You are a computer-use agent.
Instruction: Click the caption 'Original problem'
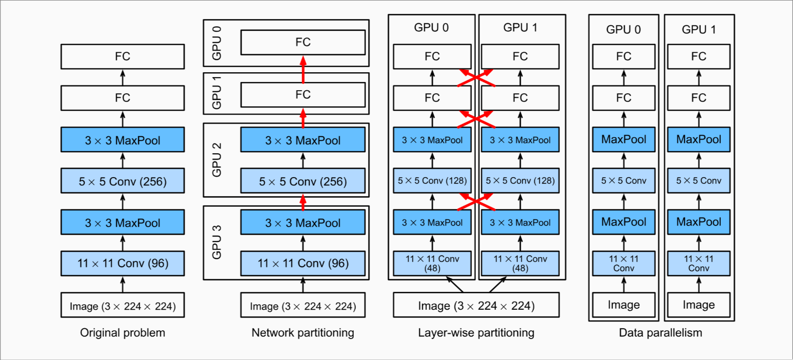pos(122,333)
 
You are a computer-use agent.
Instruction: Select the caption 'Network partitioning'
pos(303,333)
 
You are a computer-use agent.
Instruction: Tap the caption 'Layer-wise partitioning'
pos(476,333)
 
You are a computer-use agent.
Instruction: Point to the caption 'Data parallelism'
pos(660,333)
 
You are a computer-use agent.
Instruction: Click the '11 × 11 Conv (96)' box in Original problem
pos(122,263)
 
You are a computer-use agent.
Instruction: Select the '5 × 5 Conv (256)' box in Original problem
pos(122,181)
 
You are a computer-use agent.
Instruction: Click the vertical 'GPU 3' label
pos(217,242)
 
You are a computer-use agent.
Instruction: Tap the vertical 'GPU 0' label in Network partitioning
pos(217,43)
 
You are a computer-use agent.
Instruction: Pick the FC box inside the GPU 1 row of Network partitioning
pos(303,95)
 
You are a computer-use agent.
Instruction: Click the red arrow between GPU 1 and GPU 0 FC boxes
pos(303,69)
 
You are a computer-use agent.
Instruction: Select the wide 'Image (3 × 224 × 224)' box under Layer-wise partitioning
pos(476,305)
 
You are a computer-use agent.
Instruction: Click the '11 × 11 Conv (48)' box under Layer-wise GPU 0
pos(432,263)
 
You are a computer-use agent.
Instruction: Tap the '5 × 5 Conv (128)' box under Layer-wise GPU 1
pos(520,180)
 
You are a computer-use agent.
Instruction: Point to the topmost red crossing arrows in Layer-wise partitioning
pos(476,78)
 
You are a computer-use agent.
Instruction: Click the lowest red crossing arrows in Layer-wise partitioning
pos(476,201)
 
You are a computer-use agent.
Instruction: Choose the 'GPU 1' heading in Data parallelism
pos(698,29)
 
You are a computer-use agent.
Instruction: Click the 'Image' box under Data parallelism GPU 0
pos(623,305)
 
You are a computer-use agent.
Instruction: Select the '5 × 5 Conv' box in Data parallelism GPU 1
pos(698,180)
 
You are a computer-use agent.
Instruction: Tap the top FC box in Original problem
pos(122,57)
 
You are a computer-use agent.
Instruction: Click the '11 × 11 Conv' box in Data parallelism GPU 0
pos(623,263)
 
